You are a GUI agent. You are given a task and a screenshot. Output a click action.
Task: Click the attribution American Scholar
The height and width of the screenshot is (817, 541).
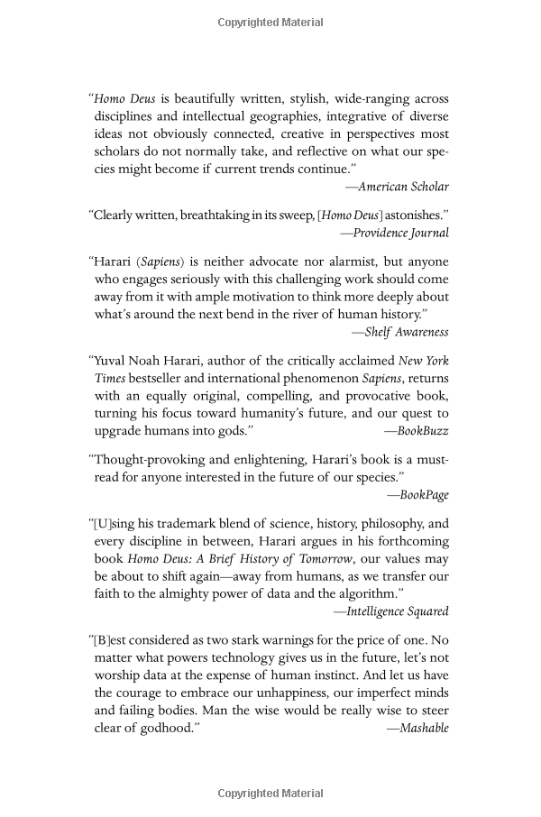pyautogui.click(x=398, y=187)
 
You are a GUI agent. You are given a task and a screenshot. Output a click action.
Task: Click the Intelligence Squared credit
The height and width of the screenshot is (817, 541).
pyautogui.click(x=391, y=610)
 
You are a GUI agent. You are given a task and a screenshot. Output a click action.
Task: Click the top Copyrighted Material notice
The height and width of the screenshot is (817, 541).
pyautogui.click(x=270, y=22)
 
